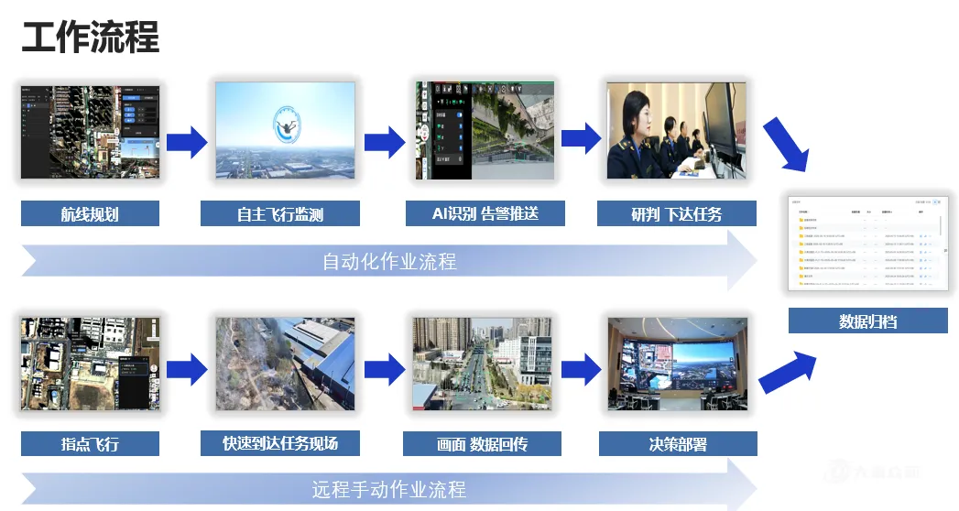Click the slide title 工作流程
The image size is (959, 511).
pyautogui.click(x=90, y=38)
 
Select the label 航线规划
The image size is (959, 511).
pyautogui.click(x=90, y=214)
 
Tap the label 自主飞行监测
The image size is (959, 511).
pyautogui.click(x=279, y=214)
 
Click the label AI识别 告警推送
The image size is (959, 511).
pyautogui.click(x=485, y=213)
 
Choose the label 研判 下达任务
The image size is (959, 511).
pyautogui.click(x=677, y=214)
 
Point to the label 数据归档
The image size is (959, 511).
pyautogui.click(x=867, y=321)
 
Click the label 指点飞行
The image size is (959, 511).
pyautogui.click(x=90, y=444)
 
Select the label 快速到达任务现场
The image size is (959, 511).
pyautogui.click(x=279, y=443)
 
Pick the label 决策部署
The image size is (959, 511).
pyautogui.click(x=678, y=444)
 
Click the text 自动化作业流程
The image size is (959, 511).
pyautogui.click(x=389, y=262)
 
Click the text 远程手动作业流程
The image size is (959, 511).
pyautogui.click(x=389, y=488)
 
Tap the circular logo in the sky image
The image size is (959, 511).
pyautogui.click(x=289, y=125)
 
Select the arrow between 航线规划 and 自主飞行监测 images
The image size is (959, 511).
pyautogui.click(x=187, y=141)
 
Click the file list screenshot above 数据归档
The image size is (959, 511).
pyautogui.click(x=865, y=242)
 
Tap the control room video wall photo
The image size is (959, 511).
pyautogui.click(x=678, y=364)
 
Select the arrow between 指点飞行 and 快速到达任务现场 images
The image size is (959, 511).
pyautogui.click(x=187, y=369)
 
